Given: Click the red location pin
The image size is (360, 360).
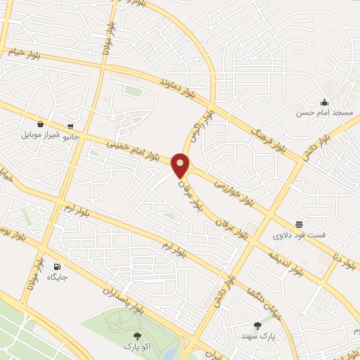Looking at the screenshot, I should click(181, 166).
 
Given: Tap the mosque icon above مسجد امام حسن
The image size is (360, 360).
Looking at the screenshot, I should click(324, 102).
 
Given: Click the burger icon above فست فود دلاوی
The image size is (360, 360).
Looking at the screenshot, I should click(300, 224).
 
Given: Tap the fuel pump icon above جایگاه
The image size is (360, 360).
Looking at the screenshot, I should click(57, 266).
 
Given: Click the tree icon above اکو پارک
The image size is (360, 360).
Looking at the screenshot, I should click(137, 336).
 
